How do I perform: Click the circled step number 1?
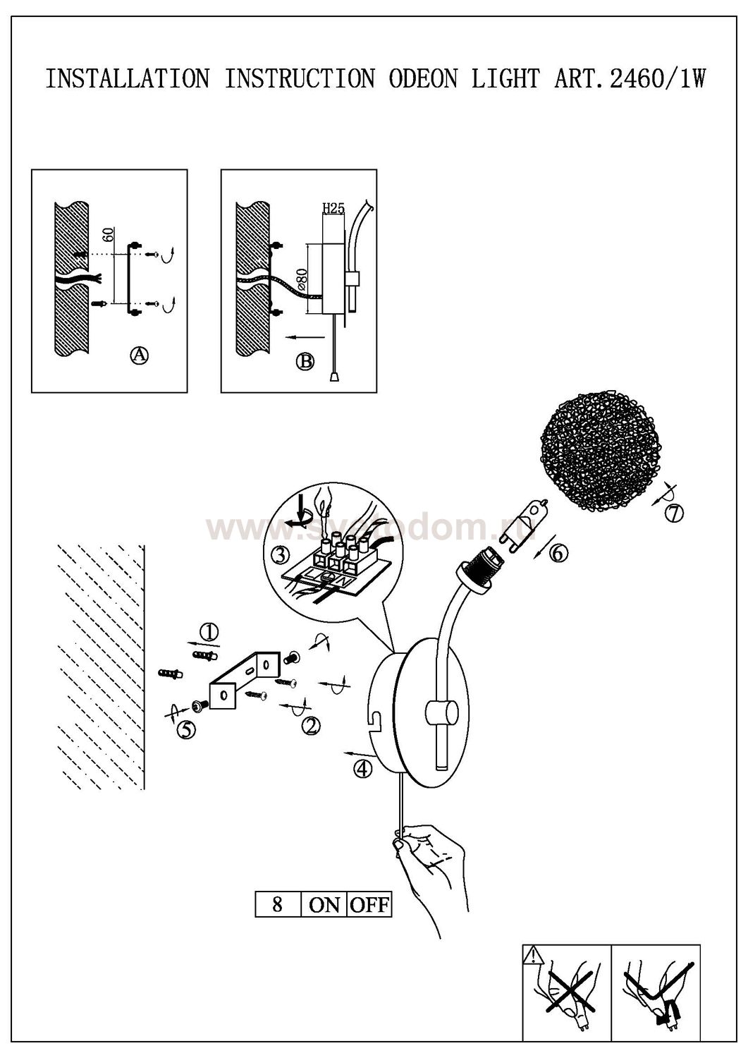[x=209, y=633]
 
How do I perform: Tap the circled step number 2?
[x=311, y=725]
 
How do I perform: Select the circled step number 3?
[x=281, y=555]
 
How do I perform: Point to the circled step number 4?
[x=362, y=770]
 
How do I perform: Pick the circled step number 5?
[x=186, y=729]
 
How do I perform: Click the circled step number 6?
[x=557, y=554]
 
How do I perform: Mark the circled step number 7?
[x=674, y=513]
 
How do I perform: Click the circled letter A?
[x=140, y=355]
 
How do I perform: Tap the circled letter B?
[x=305, y=362]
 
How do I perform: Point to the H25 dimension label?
[x=332, y=208]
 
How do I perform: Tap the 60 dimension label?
[x=108, y=235]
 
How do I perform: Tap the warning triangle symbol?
[x=533, y=956]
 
